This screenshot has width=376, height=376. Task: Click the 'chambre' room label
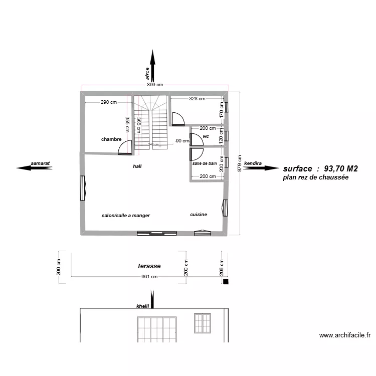tap(111, 139)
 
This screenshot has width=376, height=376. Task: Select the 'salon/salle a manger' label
tap(126, 215)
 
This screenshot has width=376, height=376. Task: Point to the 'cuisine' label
tap(199, 215)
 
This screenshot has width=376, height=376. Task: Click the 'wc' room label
tap(206, 136)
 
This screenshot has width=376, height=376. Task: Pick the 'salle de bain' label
tap(205, 163)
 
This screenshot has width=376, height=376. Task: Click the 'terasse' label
tap(149, 266)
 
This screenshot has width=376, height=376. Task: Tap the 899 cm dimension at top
tap(155, 85)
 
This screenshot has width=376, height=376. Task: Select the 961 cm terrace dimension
tap(149, 276)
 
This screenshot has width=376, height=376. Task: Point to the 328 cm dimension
tap(197, 99)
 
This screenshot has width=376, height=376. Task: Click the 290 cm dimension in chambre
tap(108, 102)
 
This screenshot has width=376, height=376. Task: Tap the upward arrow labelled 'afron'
tap(152, 64)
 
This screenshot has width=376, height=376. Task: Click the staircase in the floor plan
tap(150, 122)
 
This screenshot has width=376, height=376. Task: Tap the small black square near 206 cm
tap(226, 282)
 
